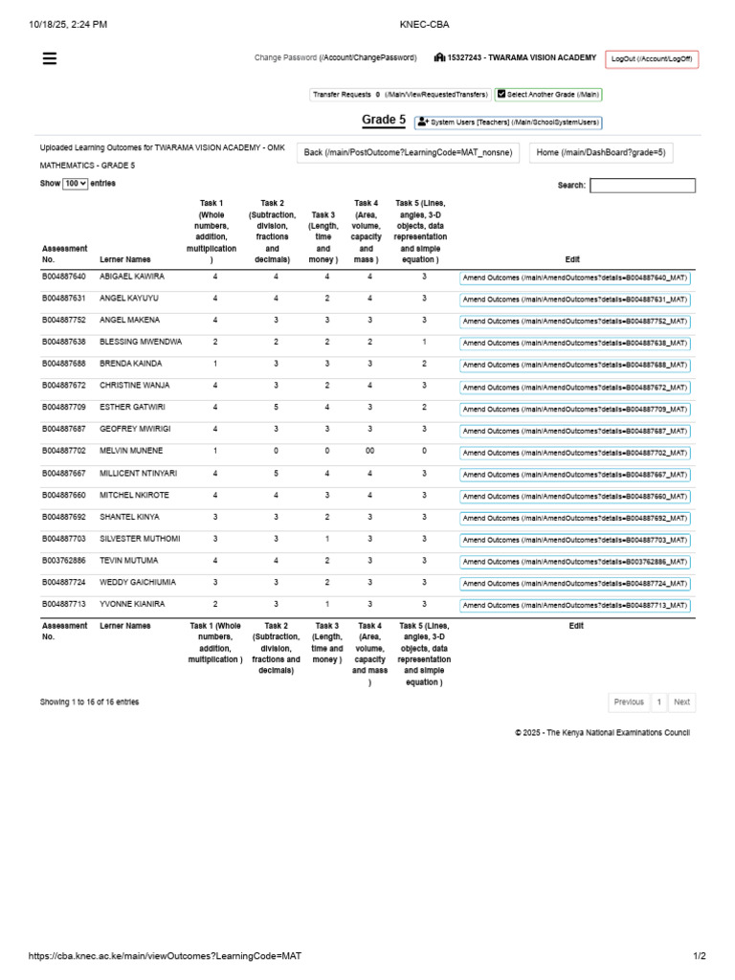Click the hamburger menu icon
[x=50, y=58]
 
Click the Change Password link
[x=335, y=58]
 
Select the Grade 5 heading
[x=383, y=121]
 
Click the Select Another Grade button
[x=548, y=95]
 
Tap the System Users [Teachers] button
[x=508, y=122]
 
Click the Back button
[x=408, y=153]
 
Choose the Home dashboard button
[x=600, y=153]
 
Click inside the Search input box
[x=642, y=186]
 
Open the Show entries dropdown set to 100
[x=75, y=184]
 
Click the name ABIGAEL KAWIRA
[x=132, y=277]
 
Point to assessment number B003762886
[x=64, y=561]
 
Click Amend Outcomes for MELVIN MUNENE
[x=574, y=453]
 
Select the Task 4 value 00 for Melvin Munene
[x=369, y=451]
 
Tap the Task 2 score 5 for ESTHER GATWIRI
[x=276, y=408]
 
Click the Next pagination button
[x=681, y=702]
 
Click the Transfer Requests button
[x=399, y=95]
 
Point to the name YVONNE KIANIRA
[x=132, y=605]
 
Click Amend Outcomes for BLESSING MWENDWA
[x=574, y=343]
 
